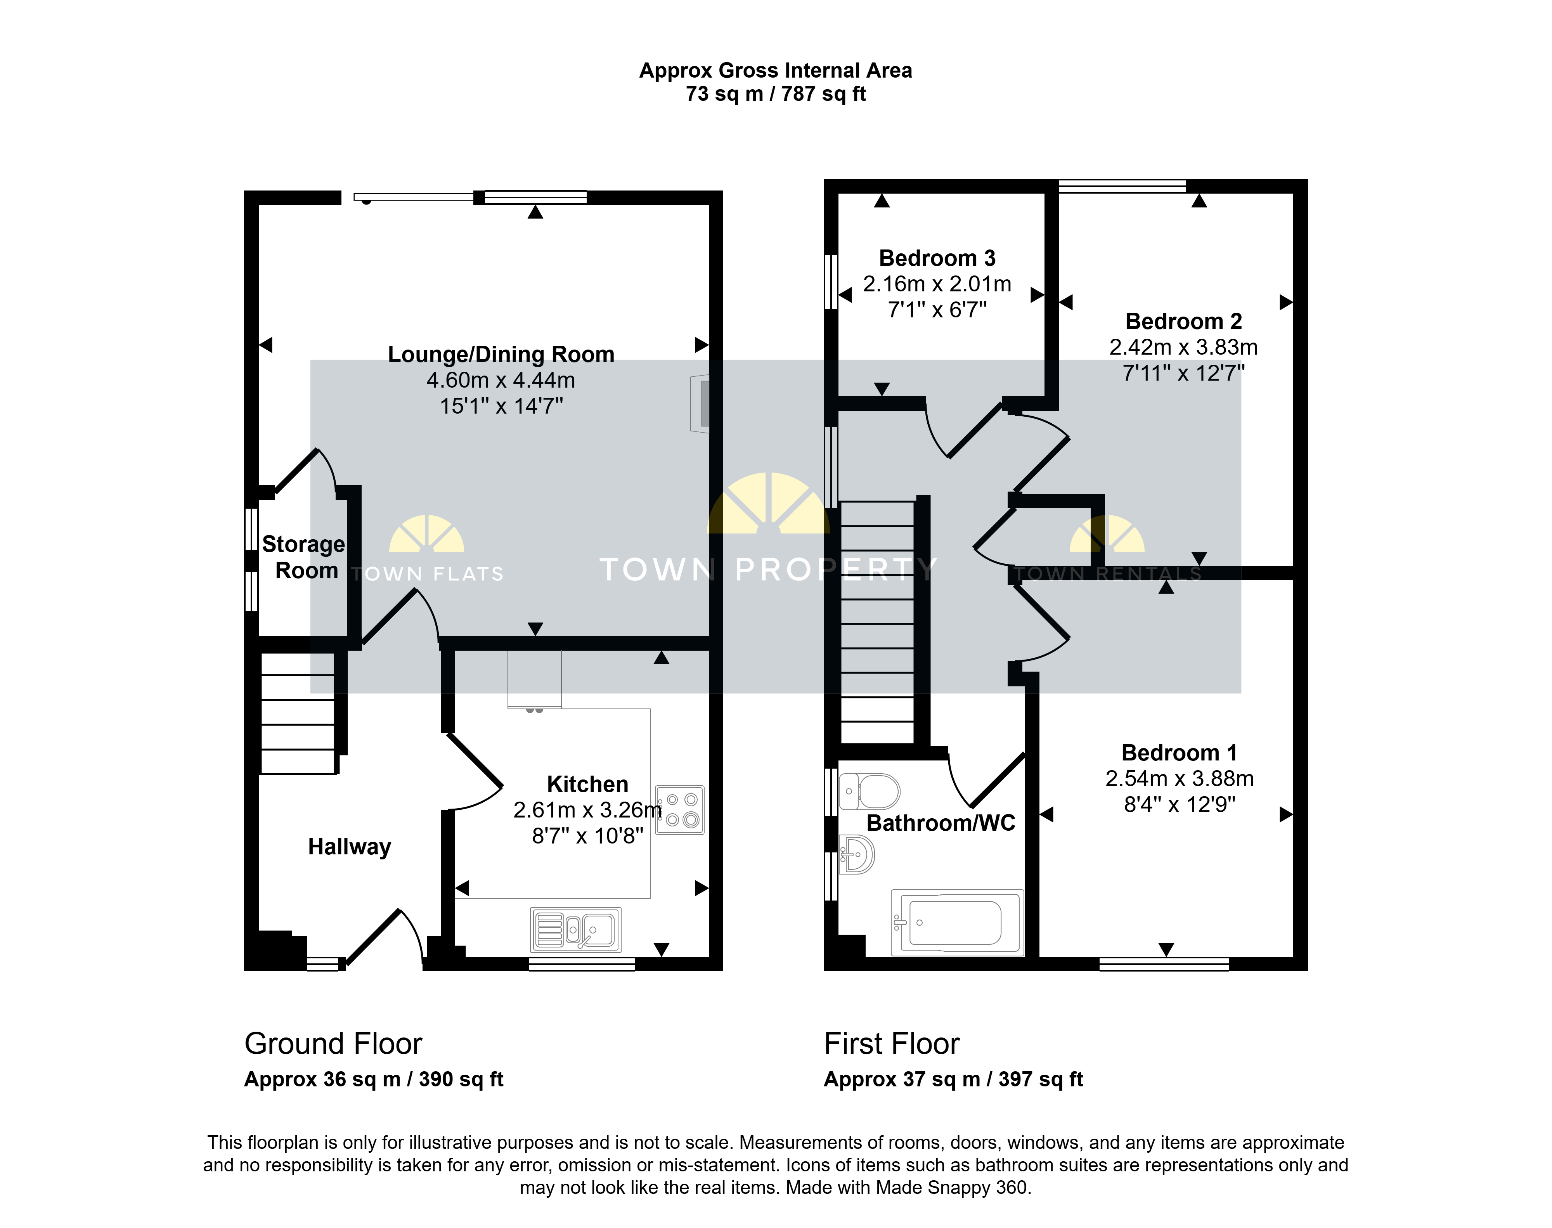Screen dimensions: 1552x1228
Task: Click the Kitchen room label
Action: [587, 784]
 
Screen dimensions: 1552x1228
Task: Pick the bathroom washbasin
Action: [857, 854]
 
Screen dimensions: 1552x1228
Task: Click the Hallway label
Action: [349, 847]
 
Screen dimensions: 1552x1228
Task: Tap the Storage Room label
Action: [303, 556]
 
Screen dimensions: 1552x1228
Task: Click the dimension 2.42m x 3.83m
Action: [1183, 347]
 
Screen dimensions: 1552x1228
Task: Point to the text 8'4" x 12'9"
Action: [1180, 805]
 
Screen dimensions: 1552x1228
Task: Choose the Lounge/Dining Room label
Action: [501, 355]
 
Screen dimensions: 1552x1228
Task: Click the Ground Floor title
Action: [333, 1043]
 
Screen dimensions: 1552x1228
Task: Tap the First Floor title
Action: [891, 1043]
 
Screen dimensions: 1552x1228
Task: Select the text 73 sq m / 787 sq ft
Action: [776, 94]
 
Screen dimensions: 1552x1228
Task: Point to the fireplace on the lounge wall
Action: [700, 404]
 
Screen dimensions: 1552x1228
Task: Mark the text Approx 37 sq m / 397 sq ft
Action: [953, 1079]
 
